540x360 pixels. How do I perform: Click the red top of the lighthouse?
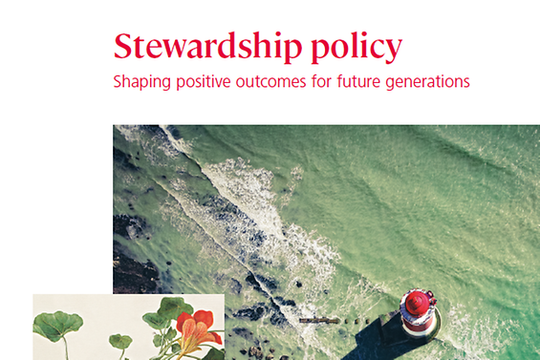coord(417,305)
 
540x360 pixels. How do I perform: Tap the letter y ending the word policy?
coord(394,50)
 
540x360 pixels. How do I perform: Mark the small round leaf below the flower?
coord(119,341)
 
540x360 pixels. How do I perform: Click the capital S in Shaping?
coord(118,81)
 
